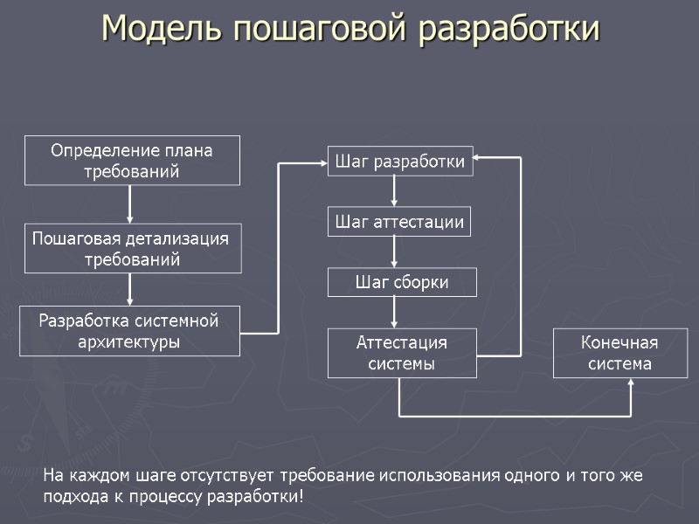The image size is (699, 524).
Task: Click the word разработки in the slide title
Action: pos(509,28)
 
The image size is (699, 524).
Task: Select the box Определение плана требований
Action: pos(132,160)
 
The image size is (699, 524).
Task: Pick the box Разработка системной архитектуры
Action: pos(129,331)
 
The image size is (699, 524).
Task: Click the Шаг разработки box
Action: pos(400,161)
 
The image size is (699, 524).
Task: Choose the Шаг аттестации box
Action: pos(399,221)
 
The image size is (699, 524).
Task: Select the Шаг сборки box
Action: pos(402,282)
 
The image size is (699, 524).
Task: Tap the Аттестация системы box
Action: pos(402,353)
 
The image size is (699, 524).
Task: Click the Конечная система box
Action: pos(620,353)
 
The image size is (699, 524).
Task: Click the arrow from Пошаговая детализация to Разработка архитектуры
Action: pos(130,288)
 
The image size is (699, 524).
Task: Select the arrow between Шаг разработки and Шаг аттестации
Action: pos(395,190)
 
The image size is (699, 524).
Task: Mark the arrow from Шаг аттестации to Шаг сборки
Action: pos(395,252)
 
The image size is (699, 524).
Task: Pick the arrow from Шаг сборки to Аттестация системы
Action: pos(395,312)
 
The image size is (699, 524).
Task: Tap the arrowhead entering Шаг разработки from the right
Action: pos(481,158)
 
